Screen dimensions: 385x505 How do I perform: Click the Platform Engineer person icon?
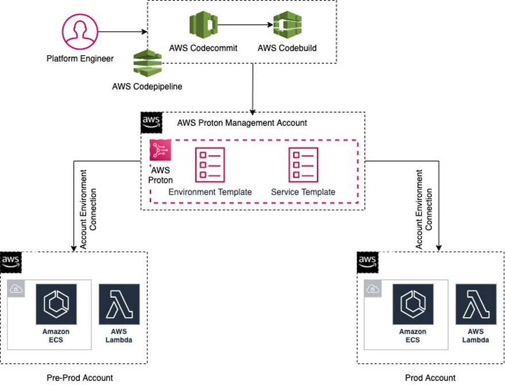click(80, 33)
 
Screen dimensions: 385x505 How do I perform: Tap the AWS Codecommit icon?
click(203, 25)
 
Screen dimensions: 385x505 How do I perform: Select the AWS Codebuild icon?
click(287, 25)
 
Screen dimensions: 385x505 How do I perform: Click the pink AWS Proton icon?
click(160, 151)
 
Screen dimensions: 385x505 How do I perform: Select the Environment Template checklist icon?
click(210, 165)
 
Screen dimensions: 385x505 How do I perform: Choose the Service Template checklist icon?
click(303, 165)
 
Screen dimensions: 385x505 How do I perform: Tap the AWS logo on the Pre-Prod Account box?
click(10, 262)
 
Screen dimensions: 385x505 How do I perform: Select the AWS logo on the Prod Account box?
click(367, 262)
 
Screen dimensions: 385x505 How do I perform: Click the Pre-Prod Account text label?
click(80, 378)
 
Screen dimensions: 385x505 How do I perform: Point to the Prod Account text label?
click(430, 378)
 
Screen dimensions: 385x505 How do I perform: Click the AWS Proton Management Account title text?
click(242, 123)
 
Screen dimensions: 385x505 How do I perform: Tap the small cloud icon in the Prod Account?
click(373, 288)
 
